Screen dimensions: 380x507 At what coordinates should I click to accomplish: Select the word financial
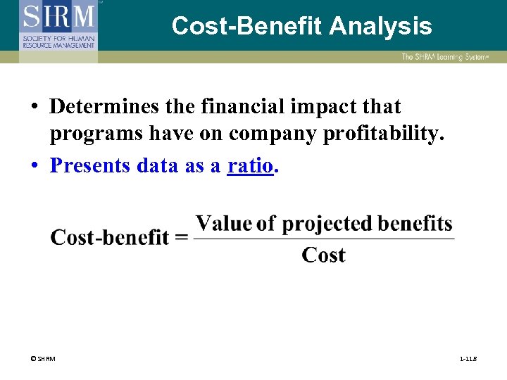230,107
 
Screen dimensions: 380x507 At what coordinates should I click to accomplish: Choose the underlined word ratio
249,165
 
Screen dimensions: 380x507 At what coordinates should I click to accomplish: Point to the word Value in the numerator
223,224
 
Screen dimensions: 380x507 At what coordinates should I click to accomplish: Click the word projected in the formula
327,224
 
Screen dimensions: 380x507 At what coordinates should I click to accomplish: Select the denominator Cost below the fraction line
323,255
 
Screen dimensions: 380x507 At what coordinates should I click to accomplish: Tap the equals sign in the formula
181,238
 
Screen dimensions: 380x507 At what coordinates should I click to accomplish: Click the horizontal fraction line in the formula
323,239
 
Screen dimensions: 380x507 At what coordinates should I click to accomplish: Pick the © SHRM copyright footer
43,360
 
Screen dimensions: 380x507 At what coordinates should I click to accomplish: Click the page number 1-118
468,360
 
